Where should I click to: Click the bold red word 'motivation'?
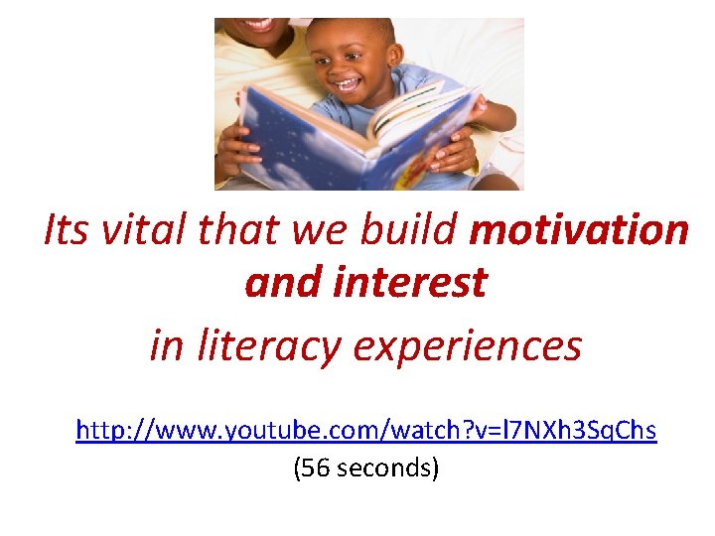click(x=579, y=230)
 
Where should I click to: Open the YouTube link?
click(x=366, y=432)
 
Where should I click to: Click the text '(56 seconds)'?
click(x=366, y=467)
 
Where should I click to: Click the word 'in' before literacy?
click(x=165, y=346)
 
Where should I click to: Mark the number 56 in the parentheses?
click(x=315, y=467)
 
